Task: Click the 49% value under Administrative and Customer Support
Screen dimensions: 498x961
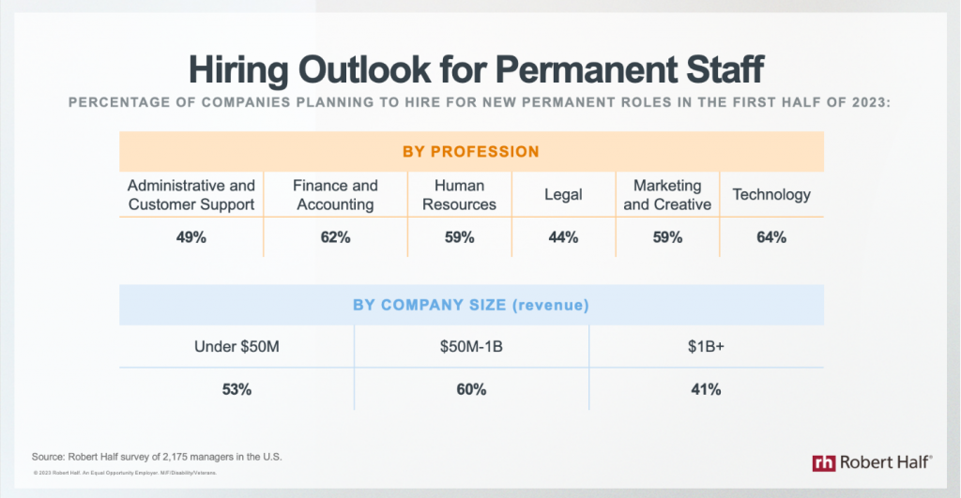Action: point(191,238)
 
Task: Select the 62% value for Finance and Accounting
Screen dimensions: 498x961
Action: point(335,238)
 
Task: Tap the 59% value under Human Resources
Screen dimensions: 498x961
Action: point(459,238)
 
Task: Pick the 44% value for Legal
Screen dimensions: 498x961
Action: point(563,238)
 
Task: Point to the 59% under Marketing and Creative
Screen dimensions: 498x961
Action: point(667,238)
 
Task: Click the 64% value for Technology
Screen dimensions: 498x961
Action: point(771,238)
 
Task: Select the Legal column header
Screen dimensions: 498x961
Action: point(563,195)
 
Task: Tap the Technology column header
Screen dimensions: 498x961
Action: point(771,195)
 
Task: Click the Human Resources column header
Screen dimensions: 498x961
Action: point(459,195)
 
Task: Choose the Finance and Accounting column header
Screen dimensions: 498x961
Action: point(335,195)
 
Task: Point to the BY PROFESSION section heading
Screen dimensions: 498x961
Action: point(471,151)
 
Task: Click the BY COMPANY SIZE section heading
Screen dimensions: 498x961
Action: point(471,305)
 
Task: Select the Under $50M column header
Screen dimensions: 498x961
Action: point(236,347)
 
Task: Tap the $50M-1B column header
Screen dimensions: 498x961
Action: point(471,347)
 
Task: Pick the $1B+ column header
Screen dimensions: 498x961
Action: point(706,347)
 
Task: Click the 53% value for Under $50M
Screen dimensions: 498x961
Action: point(236,389)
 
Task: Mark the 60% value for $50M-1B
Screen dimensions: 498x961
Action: point(471,389)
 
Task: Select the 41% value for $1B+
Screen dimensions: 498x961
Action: point(706,389)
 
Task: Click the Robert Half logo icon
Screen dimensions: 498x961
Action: point(824,462)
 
